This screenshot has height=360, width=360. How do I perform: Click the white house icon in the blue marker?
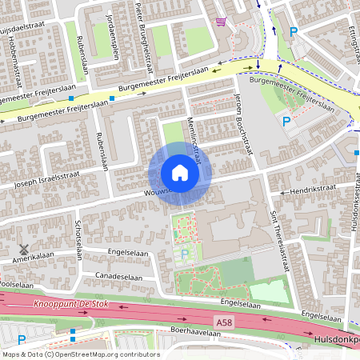(180, 173)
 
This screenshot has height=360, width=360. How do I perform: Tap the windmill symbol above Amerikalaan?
(23, 249)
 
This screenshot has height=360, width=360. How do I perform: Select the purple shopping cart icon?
(221, 22)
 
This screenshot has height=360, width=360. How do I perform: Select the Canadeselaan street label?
(122, 275)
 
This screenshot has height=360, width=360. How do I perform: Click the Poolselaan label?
(16, 285)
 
